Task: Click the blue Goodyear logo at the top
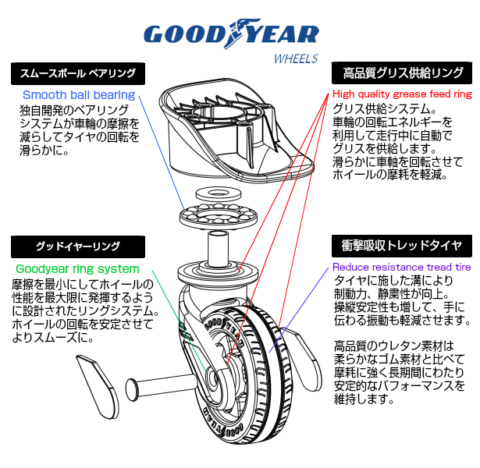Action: pyautogui.click(x=232, y=34)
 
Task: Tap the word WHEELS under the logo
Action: pyautogui.click(x=296, y=58)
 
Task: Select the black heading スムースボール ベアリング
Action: pyautogui.click(x=78, y=74)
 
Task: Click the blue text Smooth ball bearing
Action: pyautogui.click(x=79, y=95)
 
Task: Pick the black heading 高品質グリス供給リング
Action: pyautogui.click(x=402, y=73)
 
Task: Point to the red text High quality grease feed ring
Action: pyautogui.click(x=402, y=94)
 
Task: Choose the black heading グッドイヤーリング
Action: pyautogui.click(x=78, y=246)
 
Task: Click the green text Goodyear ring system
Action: pyautogui.click(x=77, y=269)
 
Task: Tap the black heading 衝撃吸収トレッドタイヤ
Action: pyautogui.click(x=402, y=246)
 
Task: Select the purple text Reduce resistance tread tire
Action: pyautogui.click(x=402, y=267)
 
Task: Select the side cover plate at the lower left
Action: pyautogui.click(x=98, y=387)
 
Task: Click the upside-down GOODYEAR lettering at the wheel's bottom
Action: pyautogui.click(x=223, y=424)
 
